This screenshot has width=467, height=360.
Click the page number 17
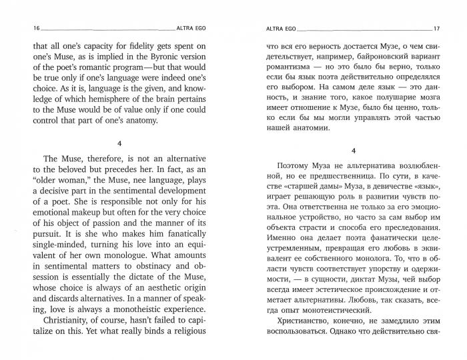tap(437, 29)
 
